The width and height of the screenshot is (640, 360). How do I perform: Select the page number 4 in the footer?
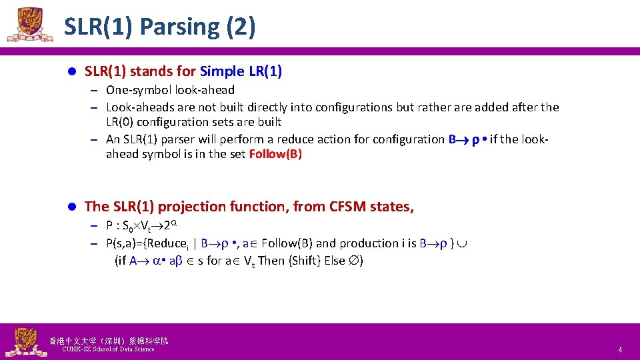pos(619,350)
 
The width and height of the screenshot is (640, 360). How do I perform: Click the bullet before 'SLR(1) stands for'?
pos(73,71)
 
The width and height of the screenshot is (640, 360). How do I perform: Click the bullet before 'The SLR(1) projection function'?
pos(73,207)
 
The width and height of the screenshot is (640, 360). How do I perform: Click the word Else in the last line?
pos(337,261)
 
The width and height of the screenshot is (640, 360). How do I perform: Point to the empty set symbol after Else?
pos(356,261)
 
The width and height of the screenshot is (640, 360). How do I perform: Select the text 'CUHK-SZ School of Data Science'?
pos(108,349)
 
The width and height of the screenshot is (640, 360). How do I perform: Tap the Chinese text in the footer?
pos(109,341)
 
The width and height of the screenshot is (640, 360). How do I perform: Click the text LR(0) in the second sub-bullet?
pos(121,122)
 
